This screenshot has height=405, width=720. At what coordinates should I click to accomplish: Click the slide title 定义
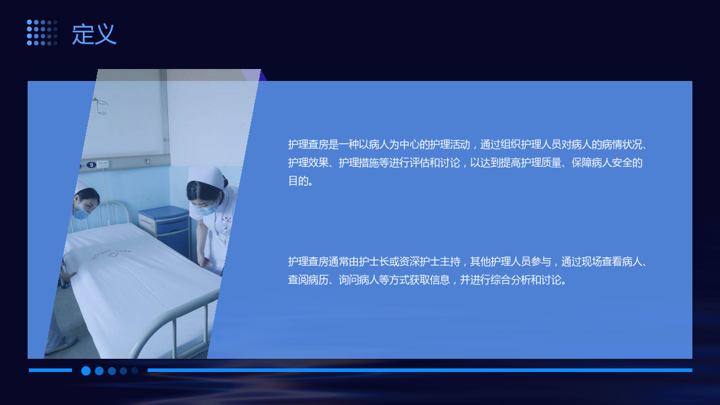point(94,34)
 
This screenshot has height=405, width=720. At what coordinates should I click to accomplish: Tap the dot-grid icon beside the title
point(42,32)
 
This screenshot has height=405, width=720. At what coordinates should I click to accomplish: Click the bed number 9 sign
point(91,165)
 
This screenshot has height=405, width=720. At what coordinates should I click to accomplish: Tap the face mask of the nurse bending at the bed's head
point(82,212)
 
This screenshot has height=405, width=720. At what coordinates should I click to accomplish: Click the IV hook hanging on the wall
point(101,106)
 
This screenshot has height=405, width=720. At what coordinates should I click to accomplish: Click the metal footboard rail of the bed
point(173,325)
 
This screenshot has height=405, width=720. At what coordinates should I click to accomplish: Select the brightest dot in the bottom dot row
point(86,371)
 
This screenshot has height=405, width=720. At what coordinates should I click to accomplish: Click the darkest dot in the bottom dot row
point(134,371)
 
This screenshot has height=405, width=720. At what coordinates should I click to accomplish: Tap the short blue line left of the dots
point(50,370)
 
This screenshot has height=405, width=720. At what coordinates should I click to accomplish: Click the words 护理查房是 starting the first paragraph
point(313,145)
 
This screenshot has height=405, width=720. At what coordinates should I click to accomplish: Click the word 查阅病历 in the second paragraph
point(308,280)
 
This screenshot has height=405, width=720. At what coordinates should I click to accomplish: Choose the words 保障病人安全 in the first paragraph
point(602,163)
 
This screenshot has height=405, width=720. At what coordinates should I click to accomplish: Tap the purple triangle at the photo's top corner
point(263,76)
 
